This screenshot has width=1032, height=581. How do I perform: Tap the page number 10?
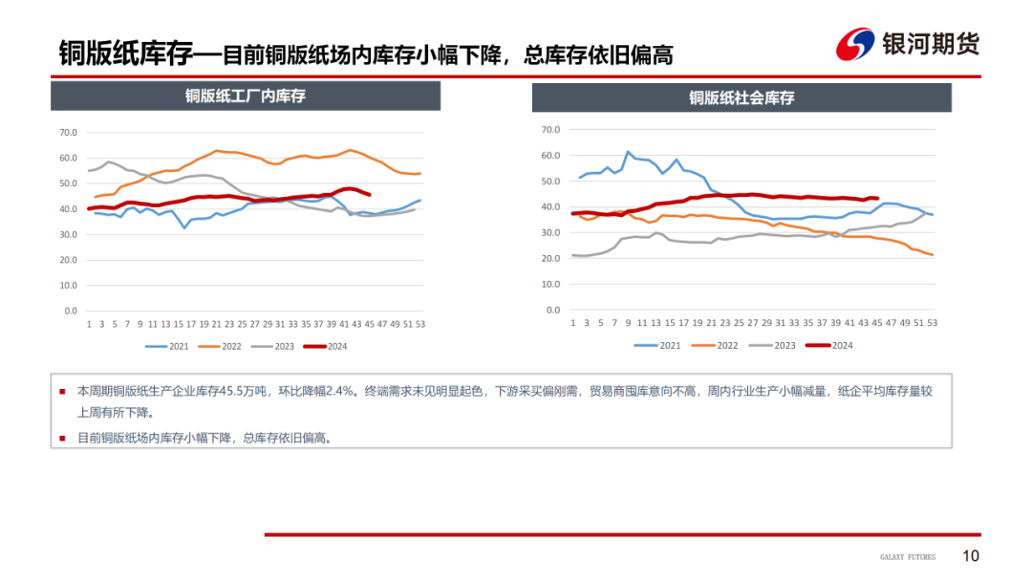pos(970,556)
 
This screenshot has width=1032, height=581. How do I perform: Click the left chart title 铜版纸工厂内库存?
pos(246,96)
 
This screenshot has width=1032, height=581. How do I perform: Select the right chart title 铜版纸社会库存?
pos(742,97)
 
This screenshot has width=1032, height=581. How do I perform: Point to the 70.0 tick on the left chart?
pos(68,133)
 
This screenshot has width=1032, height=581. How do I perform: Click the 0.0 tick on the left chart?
pos(71,311)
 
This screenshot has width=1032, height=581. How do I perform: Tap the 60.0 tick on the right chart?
pos(550,155)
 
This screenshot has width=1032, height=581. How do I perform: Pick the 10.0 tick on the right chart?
pos(550,284)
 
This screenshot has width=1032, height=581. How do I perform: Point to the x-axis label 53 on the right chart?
pos(933,323)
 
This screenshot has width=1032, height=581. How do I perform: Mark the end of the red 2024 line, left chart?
pos(369,194)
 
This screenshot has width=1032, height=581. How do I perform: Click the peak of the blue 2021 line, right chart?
pos(628,152)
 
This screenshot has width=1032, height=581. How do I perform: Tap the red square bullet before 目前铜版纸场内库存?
pos(63,438)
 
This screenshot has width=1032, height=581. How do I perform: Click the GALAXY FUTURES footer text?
pos(908,557)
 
